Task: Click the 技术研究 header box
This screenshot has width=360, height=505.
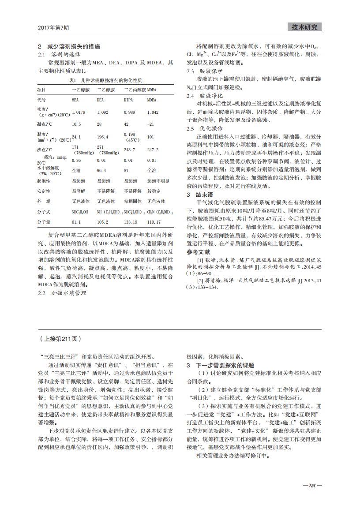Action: click(304, 27)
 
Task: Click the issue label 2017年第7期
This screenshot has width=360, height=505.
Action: click(53, 28)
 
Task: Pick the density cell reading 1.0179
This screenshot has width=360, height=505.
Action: click(79, 112)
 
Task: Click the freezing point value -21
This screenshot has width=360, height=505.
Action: click(150, 124)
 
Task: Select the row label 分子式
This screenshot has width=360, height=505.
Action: click(44, 212)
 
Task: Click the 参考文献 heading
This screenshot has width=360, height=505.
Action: click(198, 252)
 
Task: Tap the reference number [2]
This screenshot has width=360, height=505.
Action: click(200, 281)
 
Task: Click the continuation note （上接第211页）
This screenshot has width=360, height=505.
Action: click(60, 339)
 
